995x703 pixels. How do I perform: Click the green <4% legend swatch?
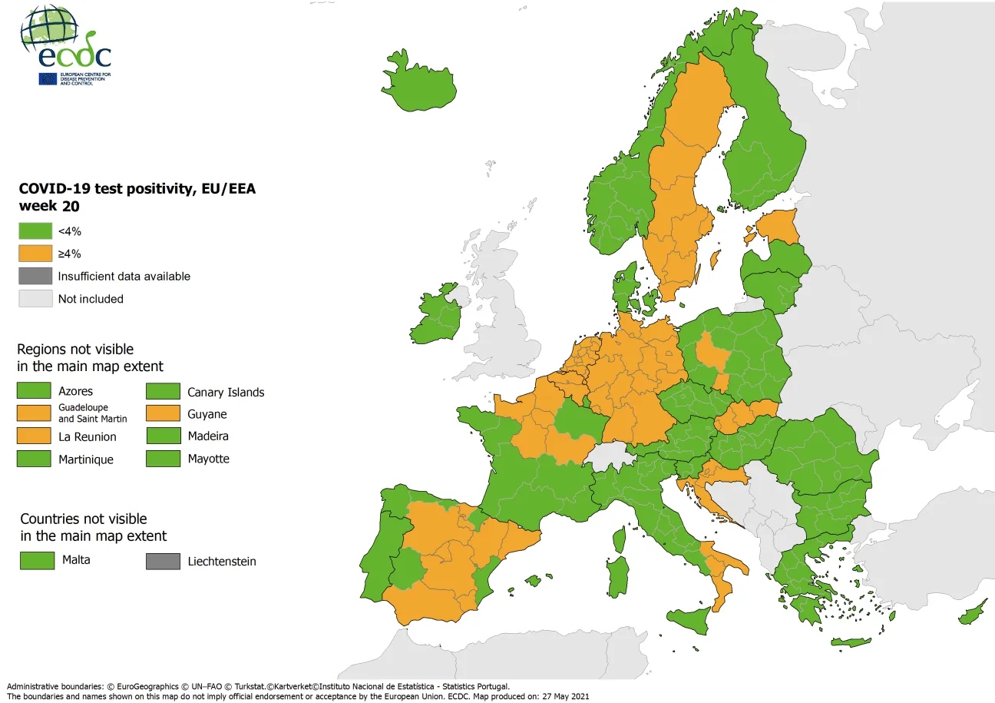35,230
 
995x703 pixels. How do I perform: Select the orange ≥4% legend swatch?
35,253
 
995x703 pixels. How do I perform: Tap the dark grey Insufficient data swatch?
35,276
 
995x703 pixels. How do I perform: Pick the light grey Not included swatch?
35,299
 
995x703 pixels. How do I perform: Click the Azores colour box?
35,391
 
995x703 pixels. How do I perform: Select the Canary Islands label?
226,393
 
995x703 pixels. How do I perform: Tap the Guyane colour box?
163,414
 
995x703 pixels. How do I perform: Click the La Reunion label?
88,437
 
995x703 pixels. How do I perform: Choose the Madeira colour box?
163,436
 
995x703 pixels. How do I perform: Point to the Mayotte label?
208,459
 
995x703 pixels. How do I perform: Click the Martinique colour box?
35,459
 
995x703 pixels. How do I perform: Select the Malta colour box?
37,560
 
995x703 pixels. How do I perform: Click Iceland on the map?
418,81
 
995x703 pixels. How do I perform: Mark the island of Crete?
851,642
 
